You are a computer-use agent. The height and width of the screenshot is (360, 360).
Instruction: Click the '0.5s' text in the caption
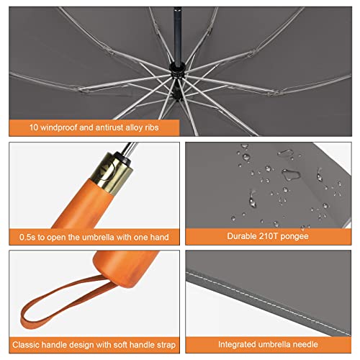click(x=30, y=235)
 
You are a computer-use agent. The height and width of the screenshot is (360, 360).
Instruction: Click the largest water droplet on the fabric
click(x=291, y=174)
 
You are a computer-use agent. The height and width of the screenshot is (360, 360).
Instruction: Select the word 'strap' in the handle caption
click(x=158, y=343)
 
